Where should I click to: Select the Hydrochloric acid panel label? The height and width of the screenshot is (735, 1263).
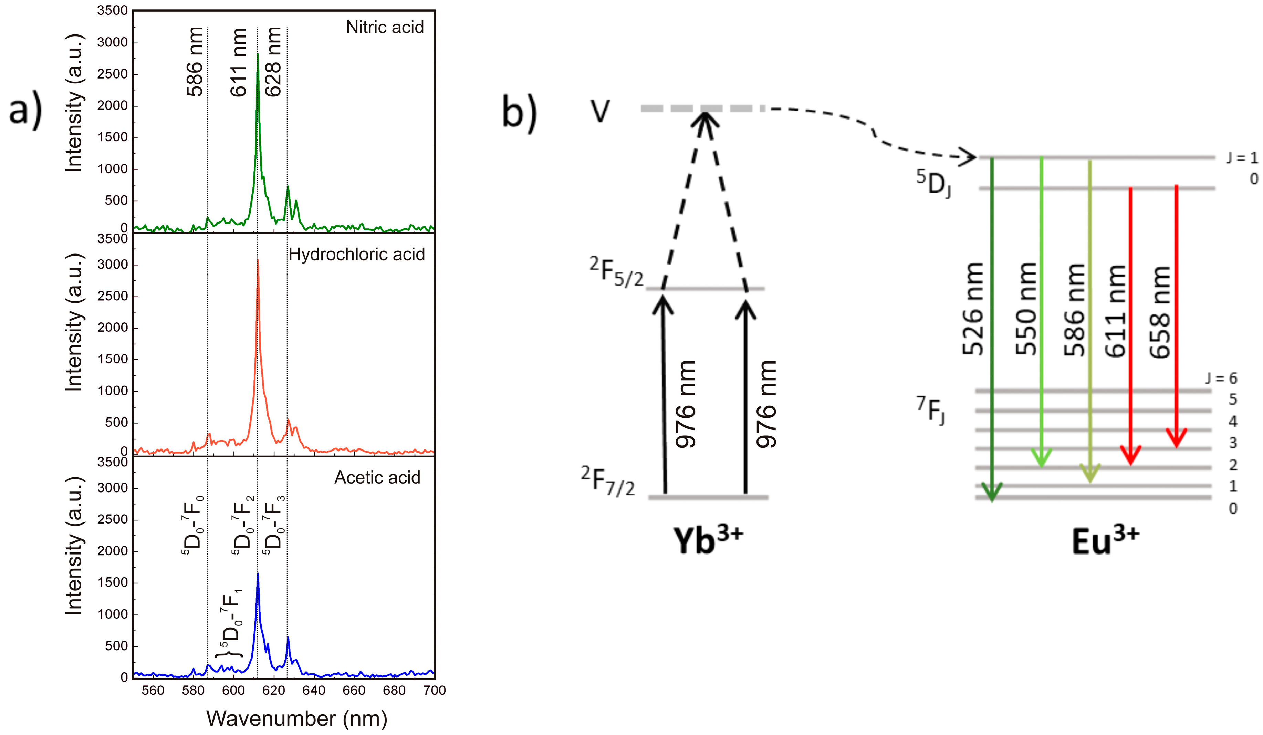(x=356, y=254)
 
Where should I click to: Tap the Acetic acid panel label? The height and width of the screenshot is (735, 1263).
(x=377, y=477)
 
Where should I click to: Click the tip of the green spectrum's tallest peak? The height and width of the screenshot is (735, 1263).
(x=258, y=54)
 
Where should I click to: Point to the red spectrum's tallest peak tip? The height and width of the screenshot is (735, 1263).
(x=258, y=260)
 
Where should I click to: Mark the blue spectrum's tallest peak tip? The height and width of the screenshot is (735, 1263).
(x=258, y=573)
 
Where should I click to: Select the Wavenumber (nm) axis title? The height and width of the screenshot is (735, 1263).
(x=297, y=718)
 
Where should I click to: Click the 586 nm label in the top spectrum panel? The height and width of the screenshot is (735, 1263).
(x=195, y=62)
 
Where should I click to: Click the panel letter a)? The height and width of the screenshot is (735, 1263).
(x=25, y=110)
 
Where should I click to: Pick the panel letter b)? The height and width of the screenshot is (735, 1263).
(x=519, y=113)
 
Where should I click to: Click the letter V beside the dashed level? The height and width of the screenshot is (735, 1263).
(x=600, y=111)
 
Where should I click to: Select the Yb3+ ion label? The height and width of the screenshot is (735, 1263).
(x=707, y=540)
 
